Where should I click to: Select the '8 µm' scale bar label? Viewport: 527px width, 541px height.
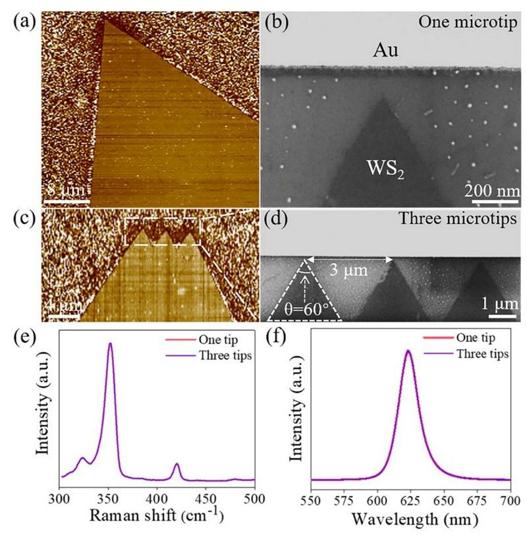[x=65, y=191]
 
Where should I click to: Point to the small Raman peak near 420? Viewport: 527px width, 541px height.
[x=177, y=465]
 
